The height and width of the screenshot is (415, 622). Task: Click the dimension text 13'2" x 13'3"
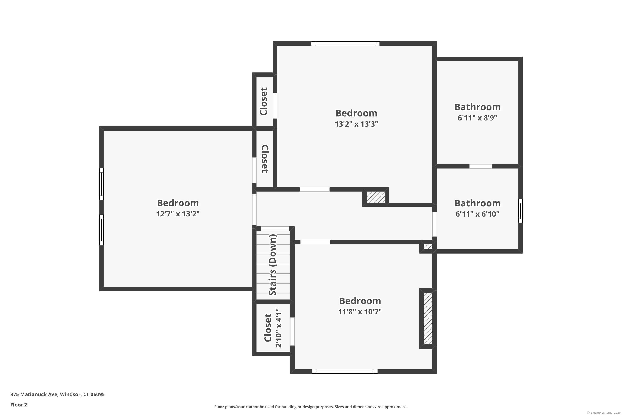pyautogui.click(x=356, y=124)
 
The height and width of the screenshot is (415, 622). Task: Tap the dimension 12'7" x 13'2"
pyautogui.click(x=178, y=214)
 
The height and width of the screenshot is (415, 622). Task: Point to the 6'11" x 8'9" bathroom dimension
pyautogui.click(x=477, y=118)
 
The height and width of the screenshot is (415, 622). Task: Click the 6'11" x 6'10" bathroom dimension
pyautogui.click(x=477, y=214)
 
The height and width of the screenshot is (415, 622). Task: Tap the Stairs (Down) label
pyautogui.click(x=272, y=265)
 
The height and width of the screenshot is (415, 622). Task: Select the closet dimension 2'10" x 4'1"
pyautogui.click(x=279, y=328)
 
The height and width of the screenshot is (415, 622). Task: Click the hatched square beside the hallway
pyautogui.click(x=375, y=197)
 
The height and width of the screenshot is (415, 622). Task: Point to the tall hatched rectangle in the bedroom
pyautogui.click(x=428, y=318)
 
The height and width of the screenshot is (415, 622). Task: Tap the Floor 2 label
pyautogui.click(x=19, y=405)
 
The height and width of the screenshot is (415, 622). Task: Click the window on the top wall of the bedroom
pyautogui.click(x=345, y=44)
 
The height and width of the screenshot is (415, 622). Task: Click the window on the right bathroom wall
pyautogui.click(x=520, y=211)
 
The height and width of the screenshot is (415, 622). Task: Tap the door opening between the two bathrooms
pyautogui.click(x=481, y=166)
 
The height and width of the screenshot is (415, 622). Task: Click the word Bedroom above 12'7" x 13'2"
pyautogui.click(x=178, y=203)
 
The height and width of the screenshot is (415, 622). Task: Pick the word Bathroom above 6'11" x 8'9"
pyautogui.click(x=477, y=107)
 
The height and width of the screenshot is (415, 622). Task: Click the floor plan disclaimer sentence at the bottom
pyautogui.click(x=311, y=407)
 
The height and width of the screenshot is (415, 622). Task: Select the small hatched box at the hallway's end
pyautogui.click(x=428, y=247)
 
